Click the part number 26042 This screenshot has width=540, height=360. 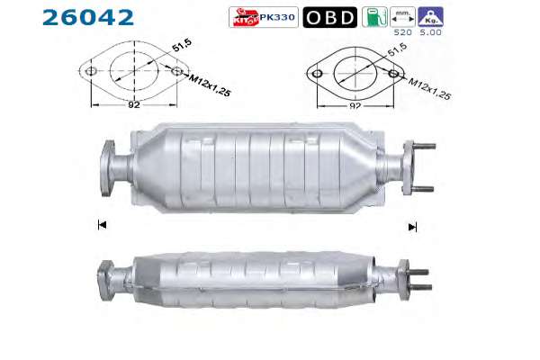point(88,18)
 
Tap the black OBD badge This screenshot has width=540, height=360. point(330,17)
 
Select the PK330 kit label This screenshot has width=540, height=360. point(264,17)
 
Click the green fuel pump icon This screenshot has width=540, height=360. point(374,17)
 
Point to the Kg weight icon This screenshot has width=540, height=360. point(430,17)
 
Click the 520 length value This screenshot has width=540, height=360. point(403,32)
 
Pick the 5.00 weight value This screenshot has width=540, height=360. point(431,32)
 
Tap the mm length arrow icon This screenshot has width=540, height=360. point(402,17)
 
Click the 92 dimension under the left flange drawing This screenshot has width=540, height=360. point(134,104)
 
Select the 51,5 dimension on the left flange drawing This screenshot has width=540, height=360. point(182,46)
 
